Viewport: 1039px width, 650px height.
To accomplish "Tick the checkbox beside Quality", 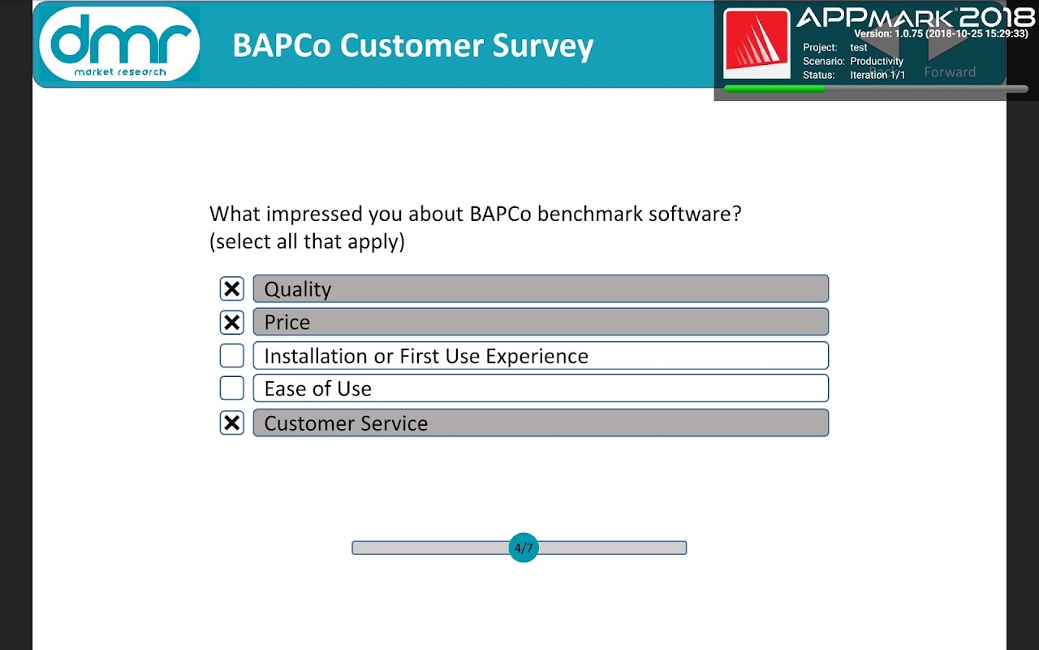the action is (x=231, y=288).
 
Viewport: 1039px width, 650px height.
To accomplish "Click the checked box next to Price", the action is (x=231, y=323).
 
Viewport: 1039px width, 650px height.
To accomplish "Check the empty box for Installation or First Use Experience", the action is (x=231, y=356).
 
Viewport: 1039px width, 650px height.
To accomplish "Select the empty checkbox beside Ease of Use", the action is (x=231, y=388).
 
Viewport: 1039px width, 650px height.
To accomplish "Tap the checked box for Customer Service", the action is (x=231, y=422).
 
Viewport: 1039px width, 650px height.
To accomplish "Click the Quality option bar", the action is (x=541, y=288).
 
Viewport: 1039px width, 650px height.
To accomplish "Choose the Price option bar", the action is (x=541, y=322).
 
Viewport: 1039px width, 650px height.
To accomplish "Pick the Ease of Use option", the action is (x=541, y=388).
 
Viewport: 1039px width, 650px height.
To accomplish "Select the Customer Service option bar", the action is (x=541, y=422).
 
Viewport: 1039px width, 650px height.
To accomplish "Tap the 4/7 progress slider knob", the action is (x=524, y=548).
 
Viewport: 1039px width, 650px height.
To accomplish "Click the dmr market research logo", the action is (x=119, y=44).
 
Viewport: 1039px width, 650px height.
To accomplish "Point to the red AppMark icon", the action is (x=757, y=43).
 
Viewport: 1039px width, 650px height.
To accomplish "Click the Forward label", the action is (x=950, y=72).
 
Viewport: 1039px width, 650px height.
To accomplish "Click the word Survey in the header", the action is (x=543, y=46).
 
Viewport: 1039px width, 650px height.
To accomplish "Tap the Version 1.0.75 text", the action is (x=941, y=33).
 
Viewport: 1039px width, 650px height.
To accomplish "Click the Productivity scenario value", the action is (x=877, y=61).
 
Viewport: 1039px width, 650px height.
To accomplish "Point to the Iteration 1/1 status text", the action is (x=877, y=75).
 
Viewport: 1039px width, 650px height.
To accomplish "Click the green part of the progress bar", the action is (x=774, y=89).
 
